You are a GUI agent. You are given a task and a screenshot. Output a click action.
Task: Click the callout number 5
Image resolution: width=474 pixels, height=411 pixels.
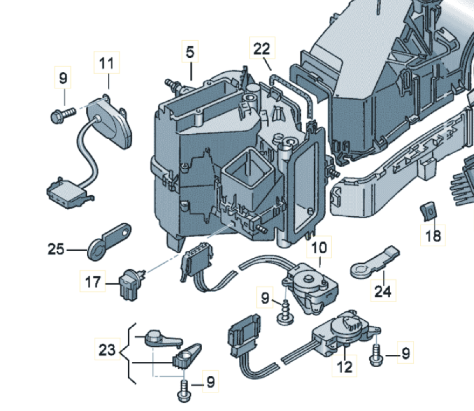[x=190, y=52]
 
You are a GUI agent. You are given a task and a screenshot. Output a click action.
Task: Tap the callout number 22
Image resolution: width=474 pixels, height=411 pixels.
[x=262, y=48]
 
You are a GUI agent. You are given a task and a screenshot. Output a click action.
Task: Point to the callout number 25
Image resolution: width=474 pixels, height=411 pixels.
[x=56, y=249]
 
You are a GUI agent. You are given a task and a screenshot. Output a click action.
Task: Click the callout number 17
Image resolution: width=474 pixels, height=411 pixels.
[x=93, y=282]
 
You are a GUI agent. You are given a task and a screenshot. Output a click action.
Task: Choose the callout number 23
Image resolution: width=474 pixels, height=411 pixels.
[x=107, y=350]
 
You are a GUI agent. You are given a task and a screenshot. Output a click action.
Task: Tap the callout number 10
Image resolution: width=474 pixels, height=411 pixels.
[x=319, y=247]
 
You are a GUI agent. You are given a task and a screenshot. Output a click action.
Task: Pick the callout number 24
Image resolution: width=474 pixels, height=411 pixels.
[x=383, y=291]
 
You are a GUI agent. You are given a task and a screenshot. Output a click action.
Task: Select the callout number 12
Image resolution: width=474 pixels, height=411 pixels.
[x=344, y=367]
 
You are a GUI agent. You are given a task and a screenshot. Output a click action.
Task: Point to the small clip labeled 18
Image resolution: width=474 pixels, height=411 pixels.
[x=429, y=210]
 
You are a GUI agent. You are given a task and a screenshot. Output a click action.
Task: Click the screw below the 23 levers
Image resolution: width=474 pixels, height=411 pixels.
[x=183, y=392]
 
